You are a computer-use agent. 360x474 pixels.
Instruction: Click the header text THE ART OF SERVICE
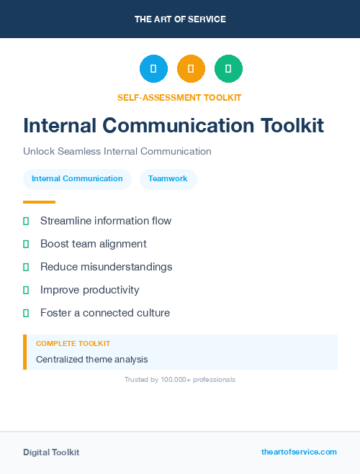[180, 19]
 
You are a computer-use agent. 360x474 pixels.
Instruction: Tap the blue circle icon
[153, 68]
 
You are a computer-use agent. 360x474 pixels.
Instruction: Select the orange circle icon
[191, 68]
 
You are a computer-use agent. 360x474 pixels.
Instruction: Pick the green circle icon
[228, 68]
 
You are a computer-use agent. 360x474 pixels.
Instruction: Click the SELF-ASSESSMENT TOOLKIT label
[179, 97]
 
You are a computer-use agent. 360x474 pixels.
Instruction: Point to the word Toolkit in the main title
[292, 125]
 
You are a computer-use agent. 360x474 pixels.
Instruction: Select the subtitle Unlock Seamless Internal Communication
[117, 152]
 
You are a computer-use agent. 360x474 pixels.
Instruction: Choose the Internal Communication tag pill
[77, 179]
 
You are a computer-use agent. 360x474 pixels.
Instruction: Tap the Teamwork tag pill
[168, 179]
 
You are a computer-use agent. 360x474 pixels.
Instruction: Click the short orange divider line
[39, 202]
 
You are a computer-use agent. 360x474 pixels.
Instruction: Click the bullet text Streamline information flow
[106, 221]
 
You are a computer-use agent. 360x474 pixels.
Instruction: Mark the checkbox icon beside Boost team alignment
[26, 244]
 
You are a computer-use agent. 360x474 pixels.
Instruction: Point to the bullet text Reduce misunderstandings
[107, 267]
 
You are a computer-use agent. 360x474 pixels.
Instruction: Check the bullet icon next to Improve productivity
[26, 290]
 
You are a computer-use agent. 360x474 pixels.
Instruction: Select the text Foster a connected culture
[105, 313]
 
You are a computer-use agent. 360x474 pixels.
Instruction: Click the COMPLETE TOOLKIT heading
[73, 344]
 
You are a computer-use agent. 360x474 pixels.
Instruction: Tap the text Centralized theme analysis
[92, 359]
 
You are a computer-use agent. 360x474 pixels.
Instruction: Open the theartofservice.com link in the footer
[299, 452]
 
